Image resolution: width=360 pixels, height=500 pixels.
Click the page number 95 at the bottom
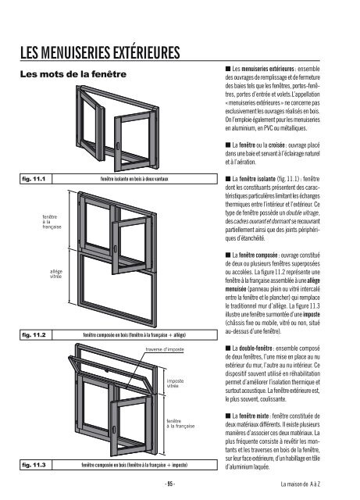pyautogui.click(x=180, y=484)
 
